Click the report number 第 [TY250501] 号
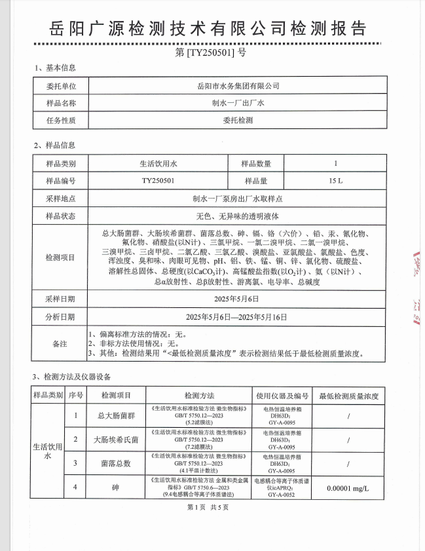tap(211, 53)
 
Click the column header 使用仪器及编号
tap(282, 396)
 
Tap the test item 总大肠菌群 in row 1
tap(115, 415)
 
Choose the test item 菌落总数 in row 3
tap(115, 463)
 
